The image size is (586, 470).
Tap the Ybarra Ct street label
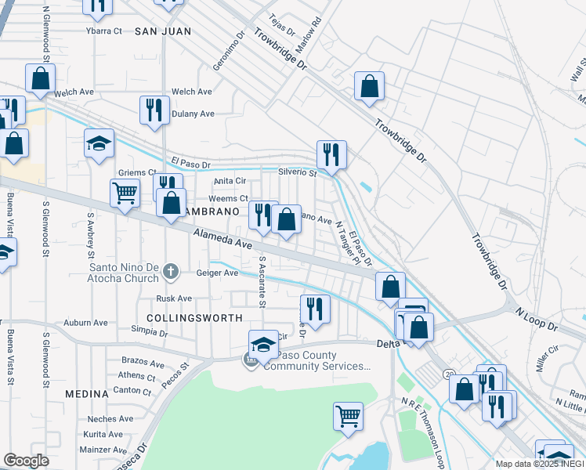(x=104, y=31)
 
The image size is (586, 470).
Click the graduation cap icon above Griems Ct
(x=99, y=143)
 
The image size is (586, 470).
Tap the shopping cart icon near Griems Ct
(x=125, y=192)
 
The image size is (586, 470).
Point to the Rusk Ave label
(x=174, y=298)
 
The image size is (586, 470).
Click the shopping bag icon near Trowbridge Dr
(x=369, y=86)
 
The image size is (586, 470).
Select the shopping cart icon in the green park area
(x=348, y=415)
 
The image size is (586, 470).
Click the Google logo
(x=26, y=461)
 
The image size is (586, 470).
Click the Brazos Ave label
(x=143, y=363)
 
